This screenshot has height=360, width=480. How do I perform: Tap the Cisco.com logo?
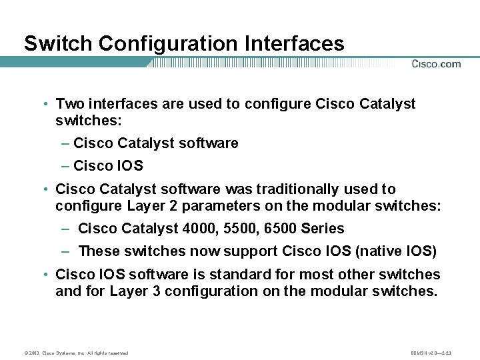(436, 64)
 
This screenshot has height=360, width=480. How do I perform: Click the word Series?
(323, 229)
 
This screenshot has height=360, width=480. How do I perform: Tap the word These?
(98, 251)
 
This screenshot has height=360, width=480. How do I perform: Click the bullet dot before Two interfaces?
(43, 105)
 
